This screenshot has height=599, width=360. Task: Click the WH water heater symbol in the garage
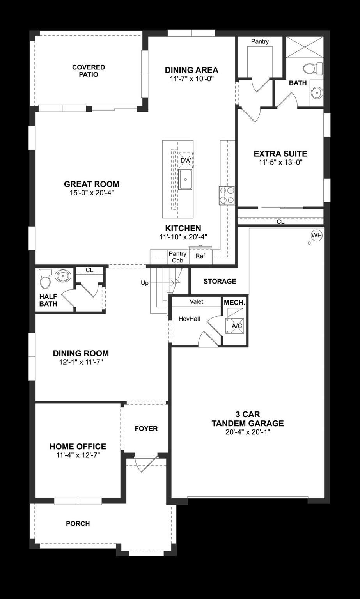[317, 235]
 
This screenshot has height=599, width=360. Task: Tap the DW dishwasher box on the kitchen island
[186, 160]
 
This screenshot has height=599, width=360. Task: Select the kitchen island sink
[185, 179]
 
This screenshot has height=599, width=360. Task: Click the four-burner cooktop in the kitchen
[227, 195]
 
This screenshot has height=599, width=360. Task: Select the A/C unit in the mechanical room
[237, 326]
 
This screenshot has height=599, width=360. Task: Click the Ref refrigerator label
[200, 256]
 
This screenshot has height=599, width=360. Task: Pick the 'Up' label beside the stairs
[145, 283]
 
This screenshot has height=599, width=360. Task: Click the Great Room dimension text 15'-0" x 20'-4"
[92, 193]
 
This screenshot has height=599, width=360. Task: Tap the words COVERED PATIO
[89, 71]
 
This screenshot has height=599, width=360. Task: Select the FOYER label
[146, 429]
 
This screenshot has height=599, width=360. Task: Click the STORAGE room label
[220, 281]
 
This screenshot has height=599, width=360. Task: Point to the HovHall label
[189, 319]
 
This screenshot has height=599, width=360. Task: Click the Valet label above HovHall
[196, 301]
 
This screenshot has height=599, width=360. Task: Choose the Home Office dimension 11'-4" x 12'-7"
[78, 455]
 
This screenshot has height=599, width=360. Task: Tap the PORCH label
[78, 523]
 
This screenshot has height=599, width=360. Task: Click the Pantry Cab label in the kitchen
[177, 257]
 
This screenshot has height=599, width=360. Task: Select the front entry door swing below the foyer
[146, 463]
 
